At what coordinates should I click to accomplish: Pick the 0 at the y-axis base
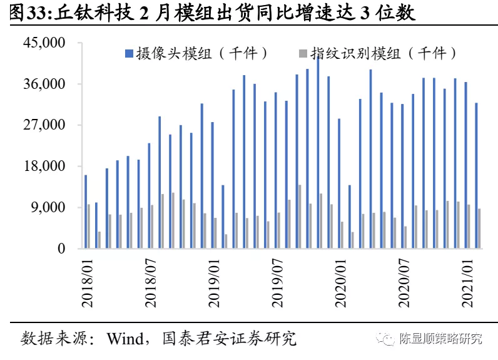(61, 249)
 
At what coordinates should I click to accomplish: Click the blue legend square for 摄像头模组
(128, 53)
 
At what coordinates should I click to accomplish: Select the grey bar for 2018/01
(89, 226)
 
